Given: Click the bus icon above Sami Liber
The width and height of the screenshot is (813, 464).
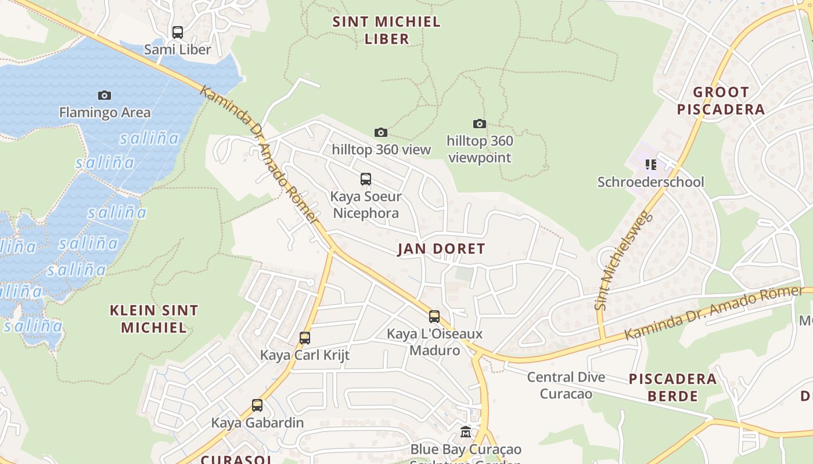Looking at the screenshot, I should pyautogui.click(x=178, y=32).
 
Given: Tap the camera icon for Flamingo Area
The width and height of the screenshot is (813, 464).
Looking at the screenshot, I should pyautogui.click(x=105, y=95).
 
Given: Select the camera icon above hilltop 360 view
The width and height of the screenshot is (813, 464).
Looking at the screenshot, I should pyautogui.click(x=381, y=133).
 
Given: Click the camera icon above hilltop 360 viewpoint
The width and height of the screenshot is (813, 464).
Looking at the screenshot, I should pyautogui.click(x=479, y=124).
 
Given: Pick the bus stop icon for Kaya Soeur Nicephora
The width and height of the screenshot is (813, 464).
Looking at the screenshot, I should pyautogui.click(x=365, y=179).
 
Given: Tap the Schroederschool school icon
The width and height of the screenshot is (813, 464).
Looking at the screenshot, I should pyautogui.click(x=651, y=165).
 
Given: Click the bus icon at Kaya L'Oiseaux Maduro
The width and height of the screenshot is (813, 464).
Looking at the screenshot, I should pyautogui.click(x=434, y=317).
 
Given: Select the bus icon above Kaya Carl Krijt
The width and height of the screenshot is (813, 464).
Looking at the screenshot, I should pyautogui.click(x=305, y=338).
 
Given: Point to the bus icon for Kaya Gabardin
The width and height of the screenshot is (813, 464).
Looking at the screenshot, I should pyautogui.click(x=257, y=405).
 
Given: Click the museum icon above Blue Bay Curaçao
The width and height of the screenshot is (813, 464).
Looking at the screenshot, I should pyautogui.click(x=466, y=432).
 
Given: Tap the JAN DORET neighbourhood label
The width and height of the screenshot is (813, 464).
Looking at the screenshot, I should pyautogui.click(x=441, y=249).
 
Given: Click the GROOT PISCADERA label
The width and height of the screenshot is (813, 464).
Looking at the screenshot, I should pyautogui.click(x=721, y=100).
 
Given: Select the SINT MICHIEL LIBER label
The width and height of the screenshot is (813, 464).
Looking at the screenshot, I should pyautogui.click(x=387, y=30).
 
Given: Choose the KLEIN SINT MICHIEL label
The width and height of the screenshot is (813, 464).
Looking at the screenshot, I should pyautogui.click(x=154, y=318).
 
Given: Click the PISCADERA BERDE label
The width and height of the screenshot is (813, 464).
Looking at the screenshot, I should pyautogui.click(x=672, y=387).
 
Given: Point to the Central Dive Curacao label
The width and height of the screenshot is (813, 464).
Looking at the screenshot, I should pyautogui.click(x=566, y=385).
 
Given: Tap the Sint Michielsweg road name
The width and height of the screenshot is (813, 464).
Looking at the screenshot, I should pyautogui.click(x=624, y=262).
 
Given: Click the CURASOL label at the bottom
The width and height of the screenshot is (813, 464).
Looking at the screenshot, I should pyautogui.click(x=228, y=459).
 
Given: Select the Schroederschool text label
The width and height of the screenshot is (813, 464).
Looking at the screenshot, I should pyautogui.click(x=650, y=182).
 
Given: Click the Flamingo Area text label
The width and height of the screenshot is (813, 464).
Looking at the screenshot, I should pyautogui.click(x=105, y=113).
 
